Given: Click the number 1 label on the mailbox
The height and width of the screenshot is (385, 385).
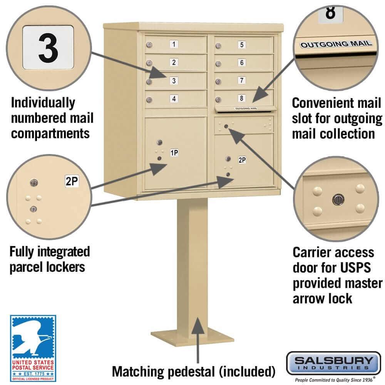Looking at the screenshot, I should coord(174,44).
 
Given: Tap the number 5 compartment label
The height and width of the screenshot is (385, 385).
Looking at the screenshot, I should coord(241,45).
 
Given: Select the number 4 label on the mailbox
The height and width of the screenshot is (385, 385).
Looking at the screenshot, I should coord(174,99).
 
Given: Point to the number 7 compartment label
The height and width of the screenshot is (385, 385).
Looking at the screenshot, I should coord(241,80).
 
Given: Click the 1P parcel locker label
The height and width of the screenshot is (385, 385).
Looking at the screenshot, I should coord(174,153).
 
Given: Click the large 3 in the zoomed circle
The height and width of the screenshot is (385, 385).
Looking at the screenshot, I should coord(48,47).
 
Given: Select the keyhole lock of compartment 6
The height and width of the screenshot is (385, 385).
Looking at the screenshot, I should coord(218,64).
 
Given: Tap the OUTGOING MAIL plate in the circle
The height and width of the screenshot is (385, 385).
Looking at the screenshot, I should coord(336,44).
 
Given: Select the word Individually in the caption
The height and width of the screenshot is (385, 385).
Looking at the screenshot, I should coord(43,103).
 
